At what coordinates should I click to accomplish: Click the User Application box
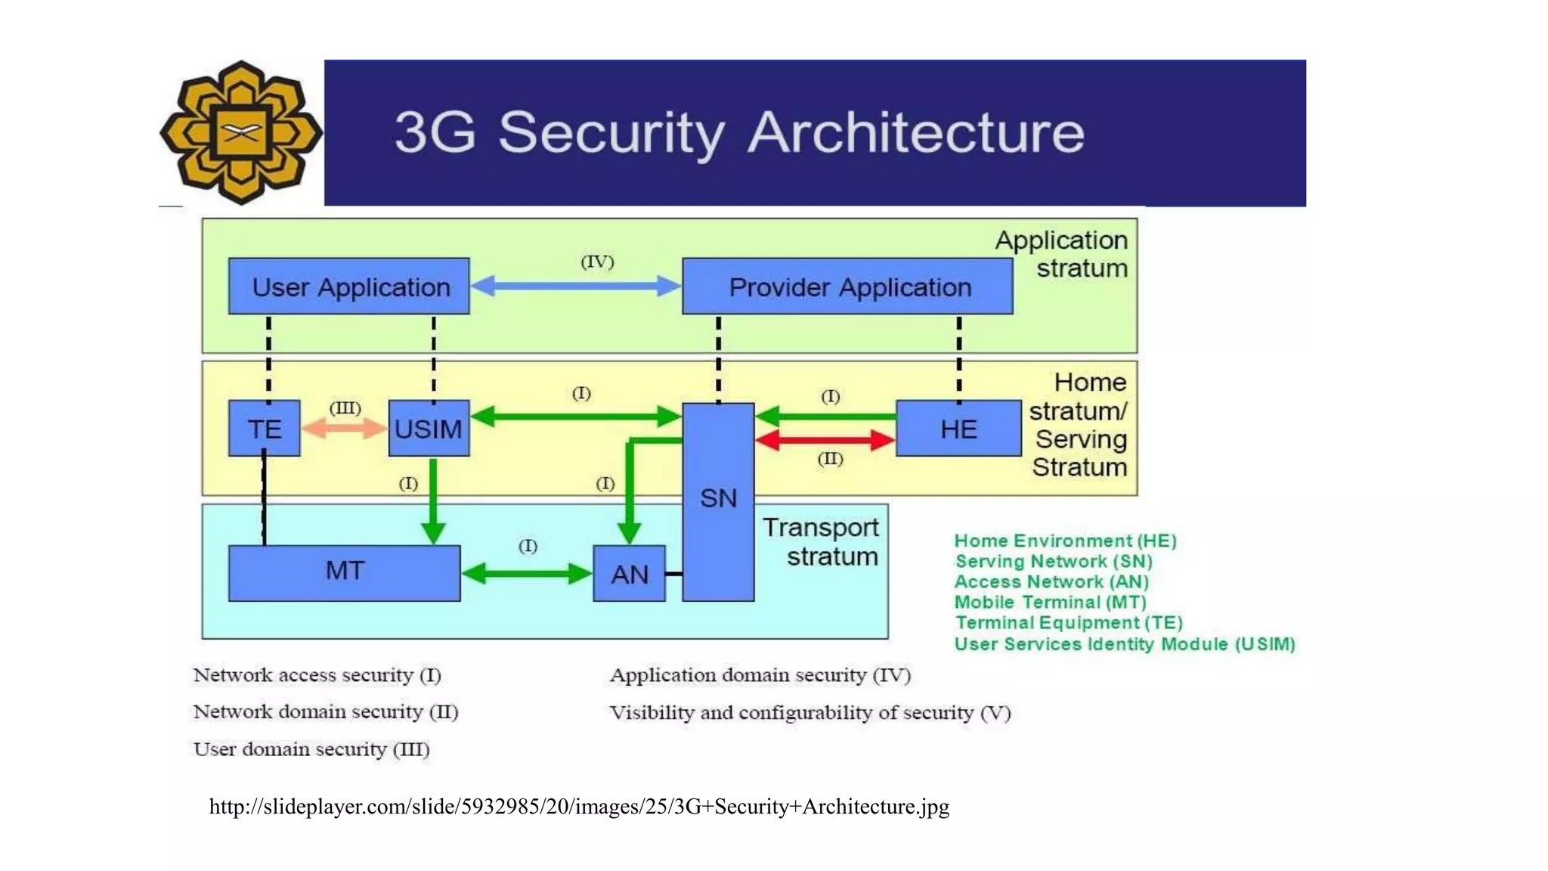(x=348, y=287)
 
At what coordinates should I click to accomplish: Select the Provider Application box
(x=847, y=287)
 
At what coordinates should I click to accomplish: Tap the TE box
(x=265, y=429)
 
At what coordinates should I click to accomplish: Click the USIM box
(x=429, y=429)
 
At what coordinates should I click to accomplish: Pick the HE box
(x=958, y=429)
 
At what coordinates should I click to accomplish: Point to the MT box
(x=344, y=572)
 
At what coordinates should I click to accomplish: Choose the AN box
(x=629, y=574)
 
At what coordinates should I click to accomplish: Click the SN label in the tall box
(x=718, y=498)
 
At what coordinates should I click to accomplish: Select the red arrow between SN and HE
(x=825, y=439)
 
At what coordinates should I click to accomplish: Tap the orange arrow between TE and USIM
(x=344, y=429)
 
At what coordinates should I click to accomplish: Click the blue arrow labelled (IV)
(x=575, y=286)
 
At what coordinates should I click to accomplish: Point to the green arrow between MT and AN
(x=526, y=574)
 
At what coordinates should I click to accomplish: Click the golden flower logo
(x=240, y=133)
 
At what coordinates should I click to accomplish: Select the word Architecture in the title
(x=916, y=133)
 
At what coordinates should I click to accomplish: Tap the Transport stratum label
(x=822, y=541)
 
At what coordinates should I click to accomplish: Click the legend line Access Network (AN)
(x=1051, y=581)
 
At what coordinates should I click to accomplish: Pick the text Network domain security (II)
(x=326, y=711)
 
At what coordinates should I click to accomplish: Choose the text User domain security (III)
(x=311, y=749)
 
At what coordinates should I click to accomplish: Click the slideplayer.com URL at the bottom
(x=579, y=807)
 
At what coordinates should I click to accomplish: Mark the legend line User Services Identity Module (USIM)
(x=1124, y=644)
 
